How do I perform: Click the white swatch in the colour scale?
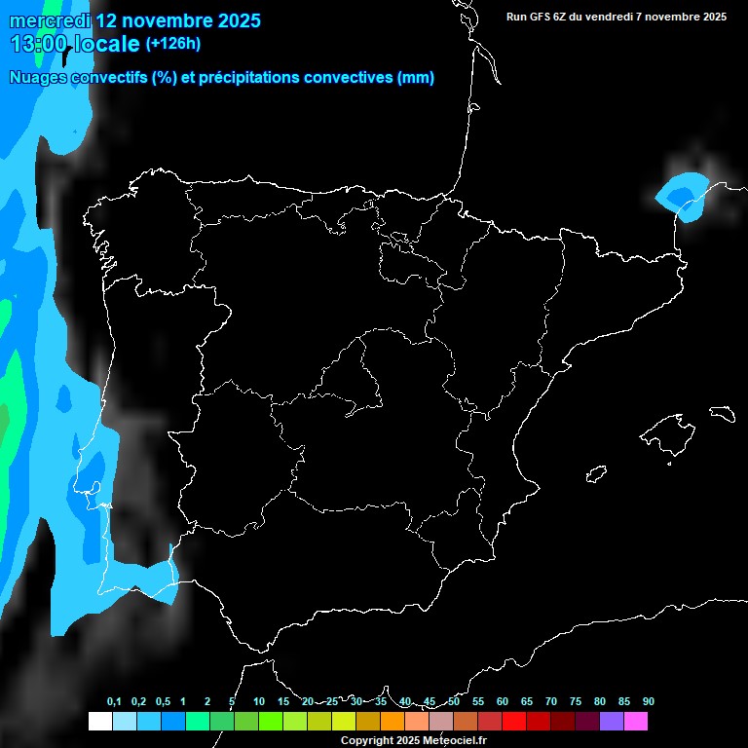tap(99, 722)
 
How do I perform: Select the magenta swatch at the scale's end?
tap(636, 722)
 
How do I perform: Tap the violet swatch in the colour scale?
tap(612, 722)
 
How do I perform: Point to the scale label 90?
tap(649, 702)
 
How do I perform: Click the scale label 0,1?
tap(114, 702)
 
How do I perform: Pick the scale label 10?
tap(258, 702)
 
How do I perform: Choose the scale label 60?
tap(503, 702)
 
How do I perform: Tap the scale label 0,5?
tap(163, 702)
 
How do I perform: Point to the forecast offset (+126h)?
tap(173, 44)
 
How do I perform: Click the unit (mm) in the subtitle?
tap(416, 78)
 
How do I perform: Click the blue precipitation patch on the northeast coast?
tap(684, 194)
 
